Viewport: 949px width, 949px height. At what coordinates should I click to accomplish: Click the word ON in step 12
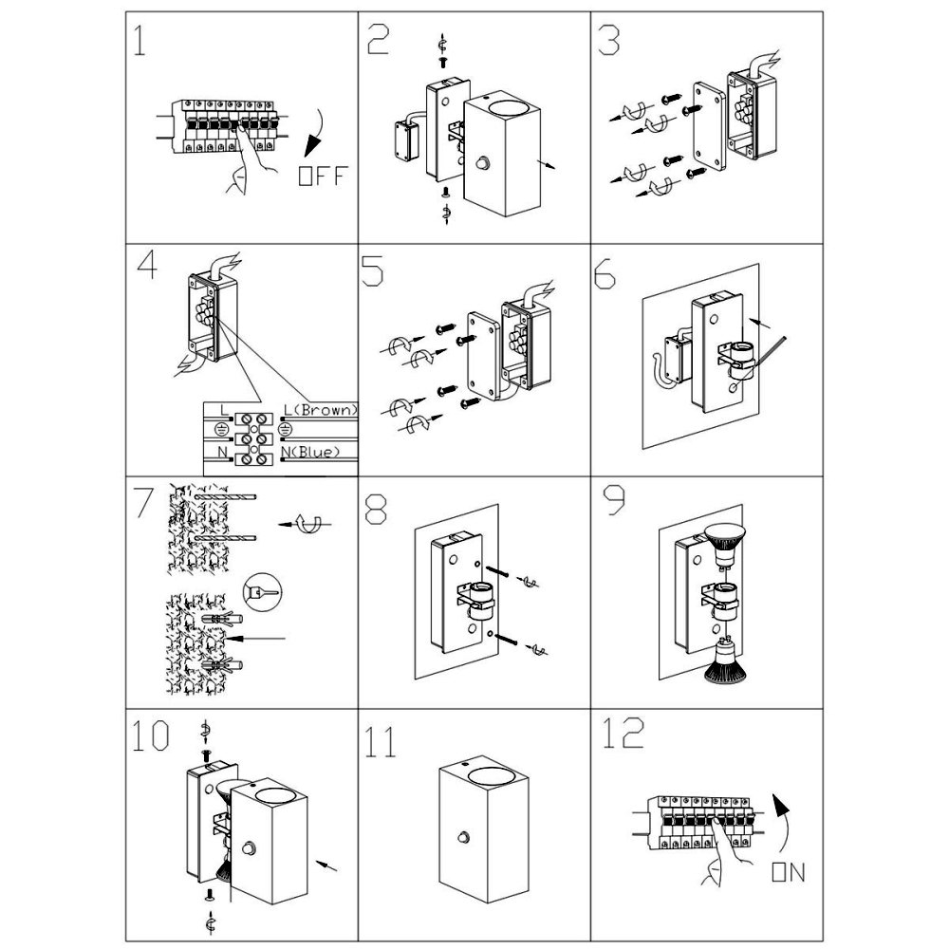coord(789,873)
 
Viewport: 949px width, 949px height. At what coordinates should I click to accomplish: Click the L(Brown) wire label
coord(321,411)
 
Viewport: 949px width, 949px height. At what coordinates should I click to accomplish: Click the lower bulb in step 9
coord(726,662)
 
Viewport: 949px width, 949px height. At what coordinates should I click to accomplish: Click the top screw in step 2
coord(442,60)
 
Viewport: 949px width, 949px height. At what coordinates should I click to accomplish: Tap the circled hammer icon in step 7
coord(263,594)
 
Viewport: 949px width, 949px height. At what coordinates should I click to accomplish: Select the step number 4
coord(147,267)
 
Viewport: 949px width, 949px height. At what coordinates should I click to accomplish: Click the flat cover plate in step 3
coord(706,124)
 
